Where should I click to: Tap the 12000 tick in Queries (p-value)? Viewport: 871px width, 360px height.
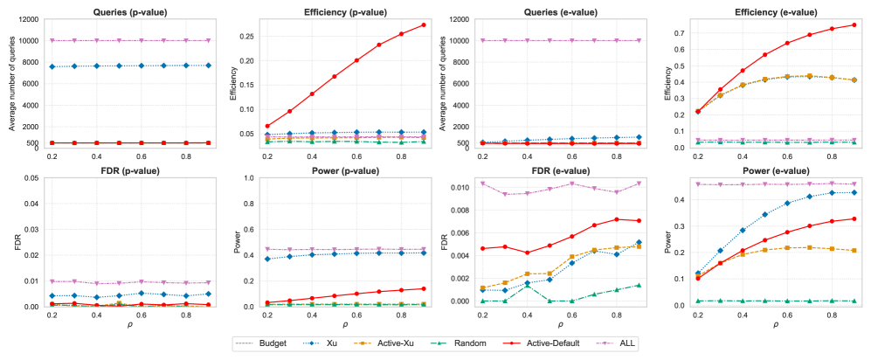[28, 19]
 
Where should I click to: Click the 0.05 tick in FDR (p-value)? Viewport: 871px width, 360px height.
[31, 178]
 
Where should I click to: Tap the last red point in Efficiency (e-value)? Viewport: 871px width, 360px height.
[854, 24]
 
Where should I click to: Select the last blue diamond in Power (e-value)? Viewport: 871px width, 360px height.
[854, 192]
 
